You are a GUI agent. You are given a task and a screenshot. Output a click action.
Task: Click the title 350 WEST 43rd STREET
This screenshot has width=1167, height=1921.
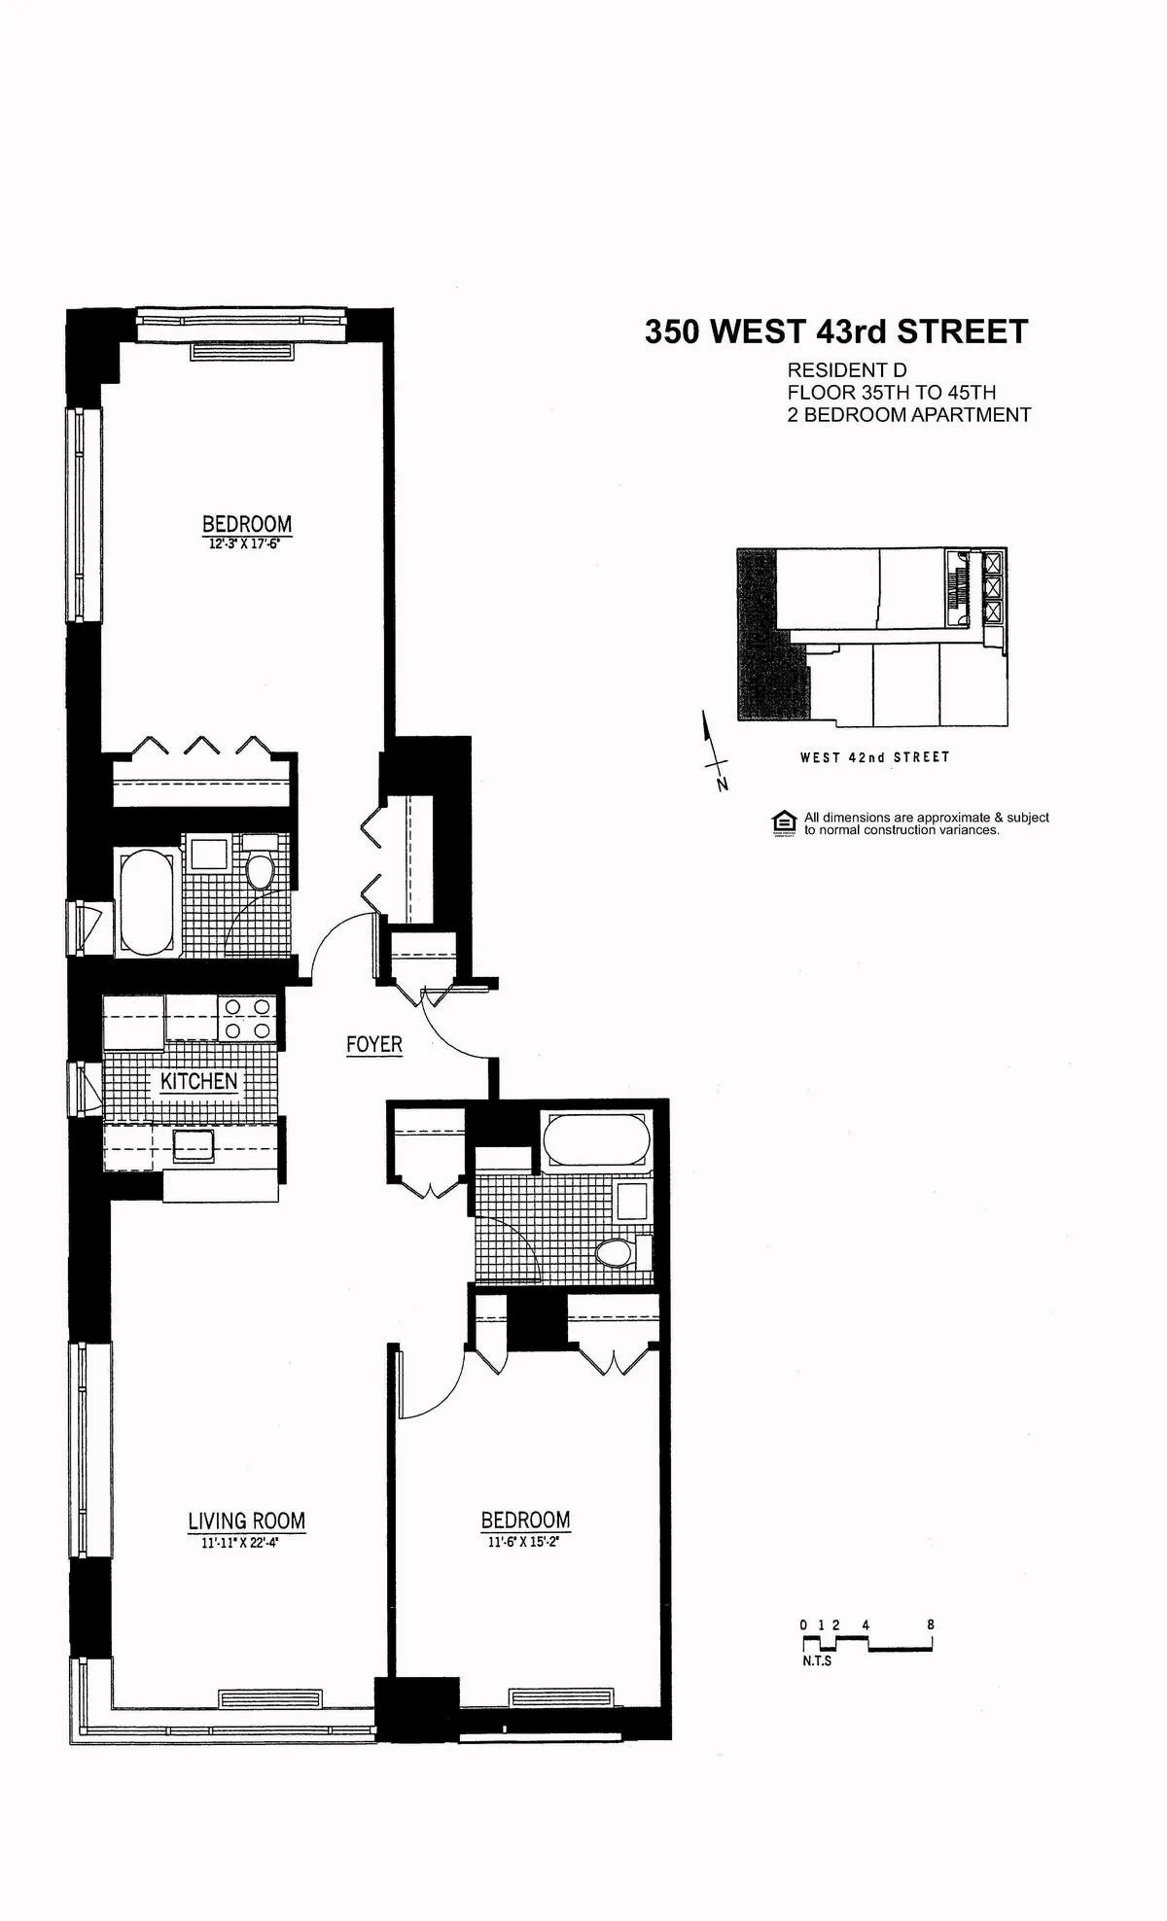836,332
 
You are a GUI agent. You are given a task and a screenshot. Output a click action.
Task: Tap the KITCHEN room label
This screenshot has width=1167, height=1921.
198,1082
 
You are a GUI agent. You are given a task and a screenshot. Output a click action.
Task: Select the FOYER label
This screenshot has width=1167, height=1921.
373,1044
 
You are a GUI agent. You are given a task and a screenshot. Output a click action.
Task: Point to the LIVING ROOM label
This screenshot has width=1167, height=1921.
246,1520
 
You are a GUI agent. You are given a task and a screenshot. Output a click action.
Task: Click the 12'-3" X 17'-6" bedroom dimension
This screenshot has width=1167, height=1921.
247,545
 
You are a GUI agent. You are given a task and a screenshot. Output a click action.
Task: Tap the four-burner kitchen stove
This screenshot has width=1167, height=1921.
247,1019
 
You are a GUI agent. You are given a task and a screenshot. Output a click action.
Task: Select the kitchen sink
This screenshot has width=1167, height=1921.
194,1145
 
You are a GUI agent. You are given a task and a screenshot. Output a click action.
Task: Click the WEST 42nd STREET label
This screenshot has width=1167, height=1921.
874,757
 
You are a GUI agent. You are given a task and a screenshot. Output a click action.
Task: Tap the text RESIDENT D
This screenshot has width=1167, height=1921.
846,370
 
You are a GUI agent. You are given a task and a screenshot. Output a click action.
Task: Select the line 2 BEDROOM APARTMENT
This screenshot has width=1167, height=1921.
908,415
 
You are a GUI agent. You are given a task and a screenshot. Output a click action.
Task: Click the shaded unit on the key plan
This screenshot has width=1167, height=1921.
768,649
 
